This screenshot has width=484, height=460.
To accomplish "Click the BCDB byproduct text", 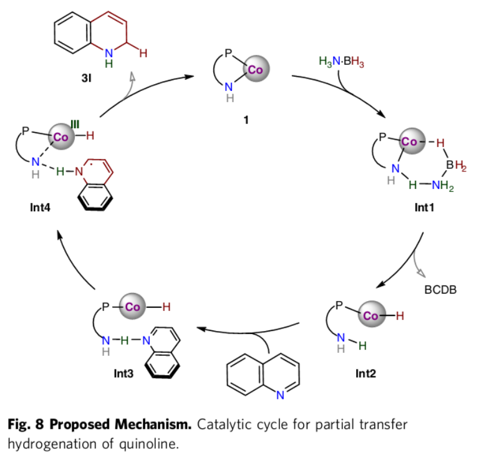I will [x=440, y=289].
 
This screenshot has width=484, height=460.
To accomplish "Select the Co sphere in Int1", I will [x=409, y=142].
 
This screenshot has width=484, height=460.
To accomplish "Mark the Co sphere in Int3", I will [x=133, y=307].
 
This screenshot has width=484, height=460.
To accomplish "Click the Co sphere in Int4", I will [x=61, y=137].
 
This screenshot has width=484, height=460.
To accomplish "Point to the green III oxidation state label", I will [x=75, y=125].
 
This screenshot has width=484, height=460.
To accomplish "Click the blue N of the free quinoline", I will [x=280, y=395].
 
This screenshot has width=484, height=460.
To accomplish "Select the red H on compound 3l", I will [x=143, y=53].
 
